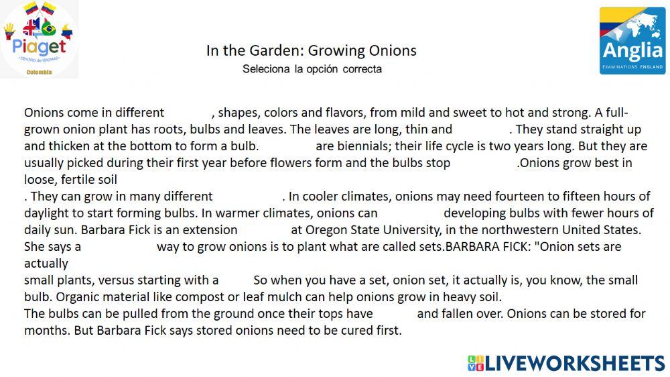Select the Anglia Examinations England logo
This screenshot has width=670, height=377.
632,40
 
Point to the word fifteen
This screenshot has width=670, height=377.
565,196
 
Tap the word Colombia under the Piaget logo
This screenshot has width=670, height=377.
39,72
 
